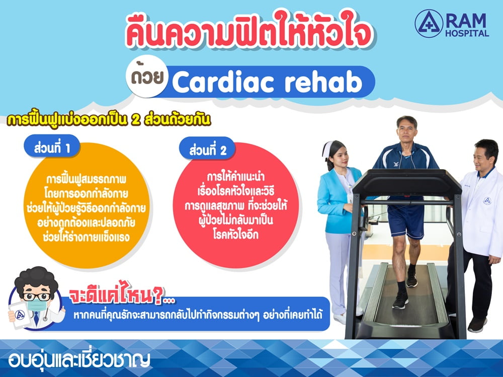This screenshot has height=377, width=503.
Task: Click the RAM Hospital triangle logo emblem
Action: point(429,24)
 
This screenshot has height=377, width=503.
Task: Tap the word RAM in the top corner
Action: point(466,21)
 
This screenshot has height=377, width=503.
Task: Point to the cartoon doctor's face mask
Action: point(37,305)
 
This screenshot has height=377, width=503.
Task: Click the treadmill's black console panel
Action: point(407,183)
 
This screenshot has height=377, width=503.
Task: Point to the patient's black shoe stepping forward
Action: point(400,300)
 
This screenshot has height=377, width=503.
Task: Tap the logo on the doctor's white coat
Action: point(487,201)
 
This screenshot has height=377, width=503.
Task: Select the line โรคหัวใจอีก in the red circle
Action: point(236,235)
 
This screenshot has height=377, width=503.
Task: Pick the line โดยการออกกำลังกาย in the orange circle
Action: point(86,194)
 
